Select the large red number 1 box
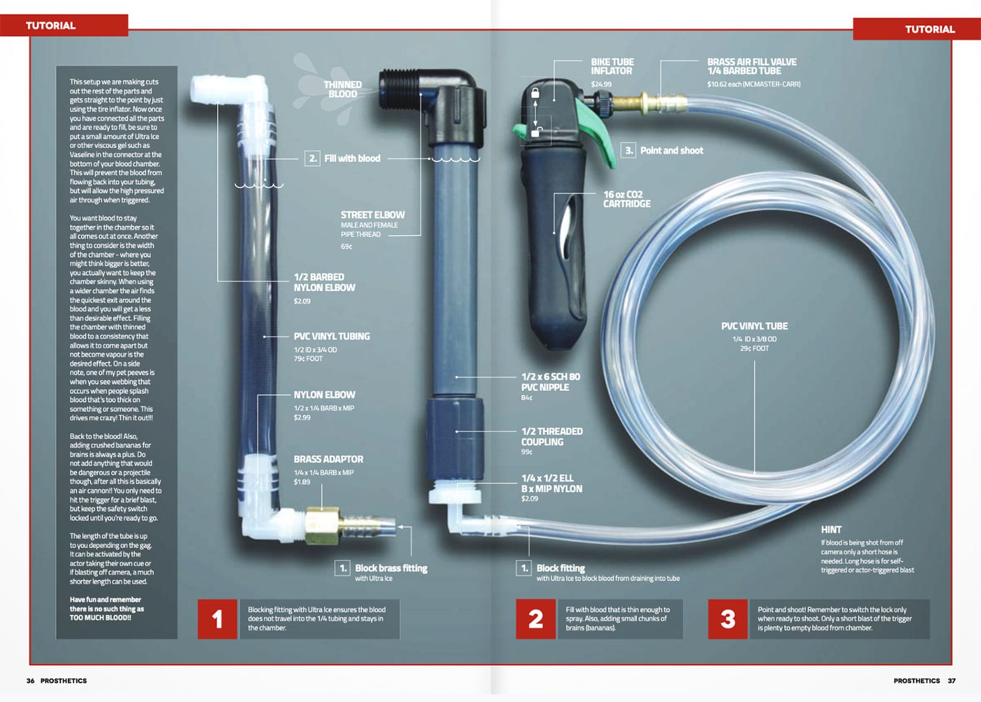pos(217,619)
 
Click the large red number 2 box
pos(535,619)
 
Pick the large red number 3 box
pos(727,619)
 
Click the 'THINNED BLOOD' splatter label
pos(342,90)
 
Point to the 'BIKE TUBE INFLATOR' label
pos(612,66)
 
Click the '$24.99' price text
pos(601,84)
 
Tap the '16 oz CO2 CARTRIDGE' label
pos(626,199)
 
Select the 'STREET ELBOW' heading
pos(372,215)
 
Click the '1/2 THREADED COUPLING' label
pos(551,436)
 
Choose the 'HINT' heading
pos(831,529)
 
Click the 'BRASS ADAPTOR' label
pos(328,459)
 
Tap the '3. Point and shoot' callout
pos(663,150)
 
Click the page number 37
pos(952,681)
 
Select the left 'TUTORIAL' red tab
pos(51,25)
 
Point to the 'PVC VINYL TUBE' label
pos(754,326)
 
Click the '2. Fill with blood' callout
pos(343,158)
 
